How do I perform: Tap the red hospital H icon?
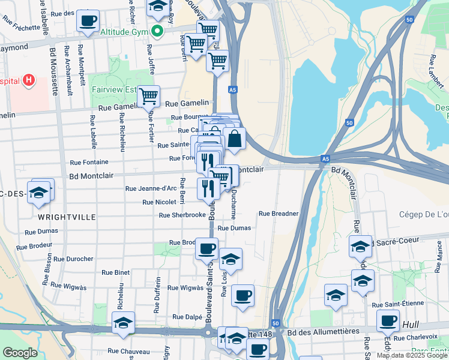28,80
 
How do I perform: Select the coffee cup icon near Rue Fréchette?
88,20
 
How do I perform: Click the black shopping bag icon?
234,139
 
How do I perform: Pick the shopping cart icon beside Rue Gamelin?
148,96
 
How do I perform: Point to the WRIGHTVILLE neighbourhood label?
59,217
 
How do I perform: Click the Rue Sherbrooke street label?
179,215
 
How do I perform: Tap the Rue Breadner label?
279,213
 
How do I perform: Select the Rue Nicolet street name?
159,202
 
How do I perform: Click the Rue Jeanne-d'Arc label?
151,188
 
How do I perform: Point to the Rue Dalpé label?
186,317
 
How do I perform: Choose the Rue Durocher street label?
73,259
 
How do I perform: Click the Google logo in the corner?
20,353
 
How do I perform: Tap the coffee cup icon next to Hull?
388,321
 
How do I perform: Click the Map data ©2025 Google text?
411,355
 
